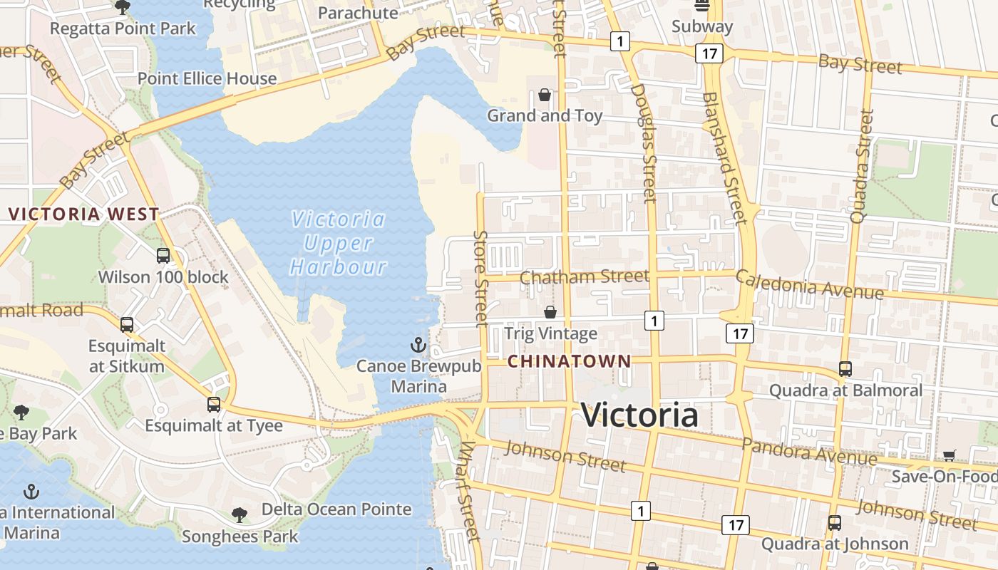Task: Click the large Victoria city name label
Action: click(639, 415)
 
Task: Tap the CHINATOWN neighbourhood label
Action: click(569, 361)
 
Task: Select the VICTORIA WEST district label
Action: click(84, 214)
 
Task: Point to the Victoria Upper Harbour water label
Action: click(338, 243)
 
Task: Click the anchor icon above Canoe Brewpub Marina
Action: click(418, 346)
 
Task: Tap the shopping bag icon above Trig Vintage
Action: click(550, 312)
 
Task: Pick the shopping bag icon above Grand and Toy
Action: click(545, 95)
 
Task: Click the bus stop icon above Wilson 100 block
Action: click(163, 256)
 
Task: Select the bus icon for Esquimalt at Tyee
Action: click(214, 405)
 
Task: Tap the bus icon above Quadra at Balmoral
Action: click(845, 369)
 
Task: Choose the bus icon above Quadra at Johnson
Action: click(835, 523)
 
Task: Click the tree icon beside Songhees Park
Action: click(240, 514)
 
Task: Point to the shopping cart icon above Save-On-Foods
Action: click(949, 455)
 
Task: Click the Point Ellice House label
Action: click(207, 78)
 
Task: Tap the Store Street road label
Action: click(481, 279)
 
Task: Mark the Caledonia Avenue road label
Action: click(809, 285)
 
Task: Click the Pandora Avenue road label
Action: click(809, 452)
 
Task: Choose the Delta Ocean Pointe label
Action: click(336, 509)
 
